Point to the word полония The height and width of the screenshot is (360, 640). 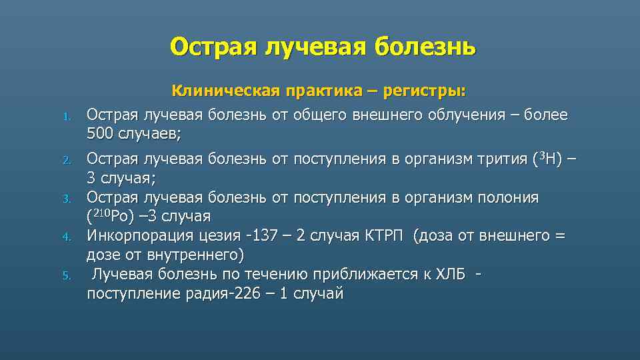click(x=507, y=198)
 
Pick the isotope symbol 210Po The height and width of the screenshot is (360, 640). click(x=114, y=217)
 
